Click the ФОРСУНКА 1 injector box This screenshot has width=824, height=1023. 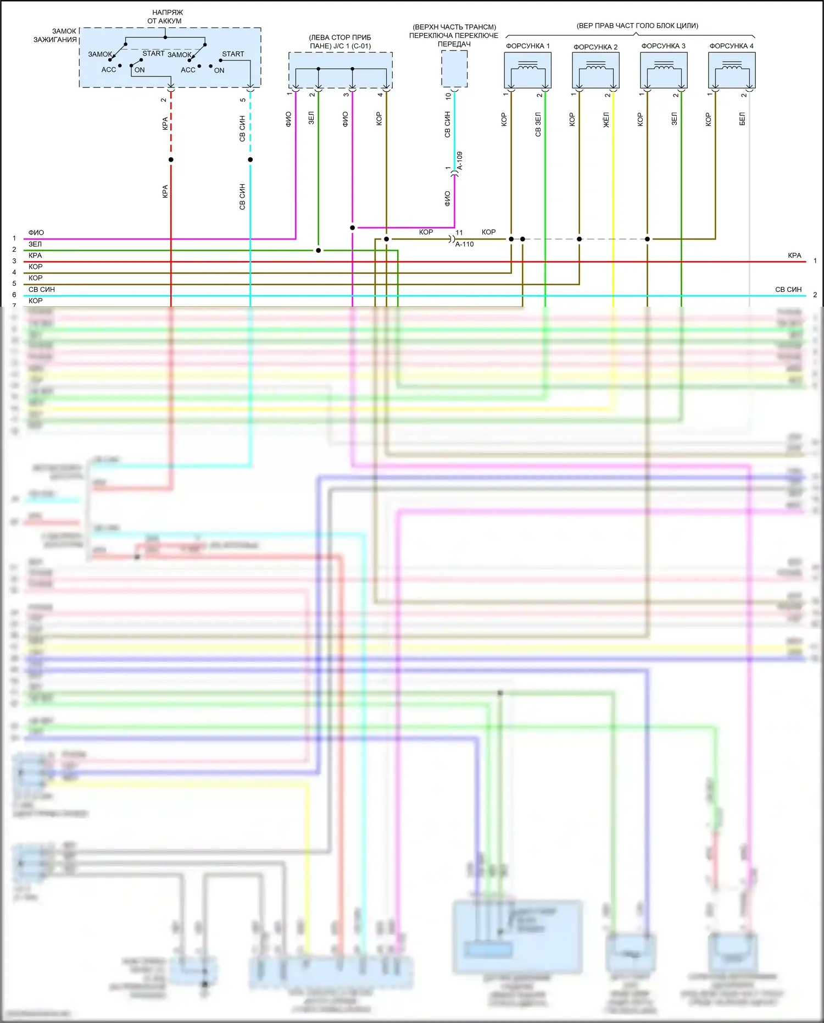click(527, 70)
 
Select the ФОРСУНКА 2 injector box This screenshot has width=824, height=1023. click(595, 70)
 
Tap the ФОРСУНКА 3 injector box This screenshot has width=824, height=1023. click(664, 70)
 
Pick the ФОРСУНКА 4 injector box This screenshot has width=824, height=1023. click(732, 70)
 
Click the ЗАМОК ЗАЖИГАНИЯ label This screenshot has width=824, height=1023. click(55, 35)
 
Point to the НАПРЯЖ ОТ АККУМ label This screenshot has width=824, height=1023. click(165, 16)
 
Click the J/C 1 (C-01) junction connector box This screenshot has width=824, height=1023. click(341, 70)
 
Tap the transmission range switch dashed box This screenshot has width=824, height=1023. click(454, 69)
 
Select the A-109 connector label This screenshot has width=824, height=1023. click(460, 161)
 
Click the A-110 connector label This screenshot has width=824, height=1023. click(464, 245)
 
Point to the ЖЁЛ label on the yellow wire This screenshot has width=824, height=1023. click(606, 120)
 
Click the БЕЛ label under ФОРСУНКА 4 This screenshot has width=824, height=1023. click(742, 119)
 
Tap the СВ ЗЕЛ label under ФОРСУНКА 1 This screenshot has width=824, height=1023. click(538, 124)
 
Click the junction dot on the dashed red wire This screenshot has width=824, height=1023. click(171, 159)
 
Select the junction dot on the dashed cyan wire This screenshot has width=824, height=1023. click(250, 159)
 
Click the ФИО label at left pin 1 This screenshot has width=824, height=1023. click(36, 233)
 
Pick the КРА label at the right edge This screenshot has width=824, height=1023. click(794, 256)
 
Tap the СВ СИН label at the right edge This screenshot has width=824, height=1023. click(788, 290)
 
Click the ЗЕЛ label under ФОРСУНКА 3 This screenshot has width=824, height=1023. click(674, 119)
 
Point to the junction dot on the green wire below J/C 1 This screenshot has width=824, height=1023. click(319, 251)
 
